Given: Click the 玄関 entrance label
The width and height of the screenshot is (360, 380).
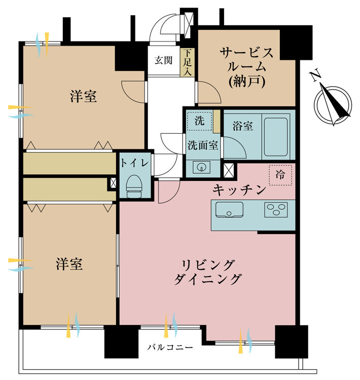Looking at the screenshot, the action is click(164, 60).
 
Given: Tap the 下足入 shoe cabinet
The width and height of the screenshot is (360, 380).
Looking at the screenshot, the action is click(187, 62).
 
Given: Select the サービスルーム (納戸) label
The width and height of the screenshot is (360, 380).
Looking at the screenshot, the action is click(246, 67).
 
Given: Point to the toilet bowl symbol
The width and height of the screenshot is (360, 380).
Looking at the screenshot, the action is click(134, 186).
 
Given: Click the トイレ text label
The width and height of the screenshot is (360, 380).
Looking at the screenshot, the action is click(134, 163).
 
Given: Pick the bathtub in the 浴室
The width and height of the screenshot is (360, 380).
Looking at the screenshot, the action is click(276, 137).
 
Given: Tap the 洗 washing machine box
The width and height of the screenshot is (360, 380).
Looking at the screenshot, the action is click(199, 121).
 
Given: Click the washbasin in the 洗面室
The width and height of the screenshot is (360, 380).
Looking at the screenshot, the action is click(201, 167).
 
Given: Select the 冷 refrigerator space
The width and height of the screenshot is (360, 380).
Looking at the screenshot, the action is click(280, 175).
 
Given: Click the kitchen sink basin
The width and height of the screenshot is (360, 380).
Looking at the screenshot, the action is click(229, 210).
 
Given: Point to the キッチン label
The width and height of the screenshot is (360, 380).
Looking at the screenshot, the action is click(239, 190).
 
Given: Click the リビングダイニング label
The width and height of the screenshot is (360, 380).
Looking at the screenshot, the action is click(208, 272).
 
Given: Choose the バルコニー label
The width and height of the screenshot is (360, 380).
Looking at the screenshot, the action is click(170, 348).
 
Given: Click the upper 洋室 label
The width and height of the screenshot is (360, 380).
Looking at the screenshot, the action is click(84, 96).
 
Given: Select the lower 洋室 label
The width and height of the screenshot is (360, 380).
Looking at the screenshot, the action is click(69, 264).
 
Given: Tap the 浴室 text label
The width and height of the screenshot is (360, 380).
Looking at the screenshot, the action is click(242, 126).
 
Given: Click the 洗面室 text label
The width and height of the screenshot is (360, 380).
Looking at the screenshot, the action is click(203, 145).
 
